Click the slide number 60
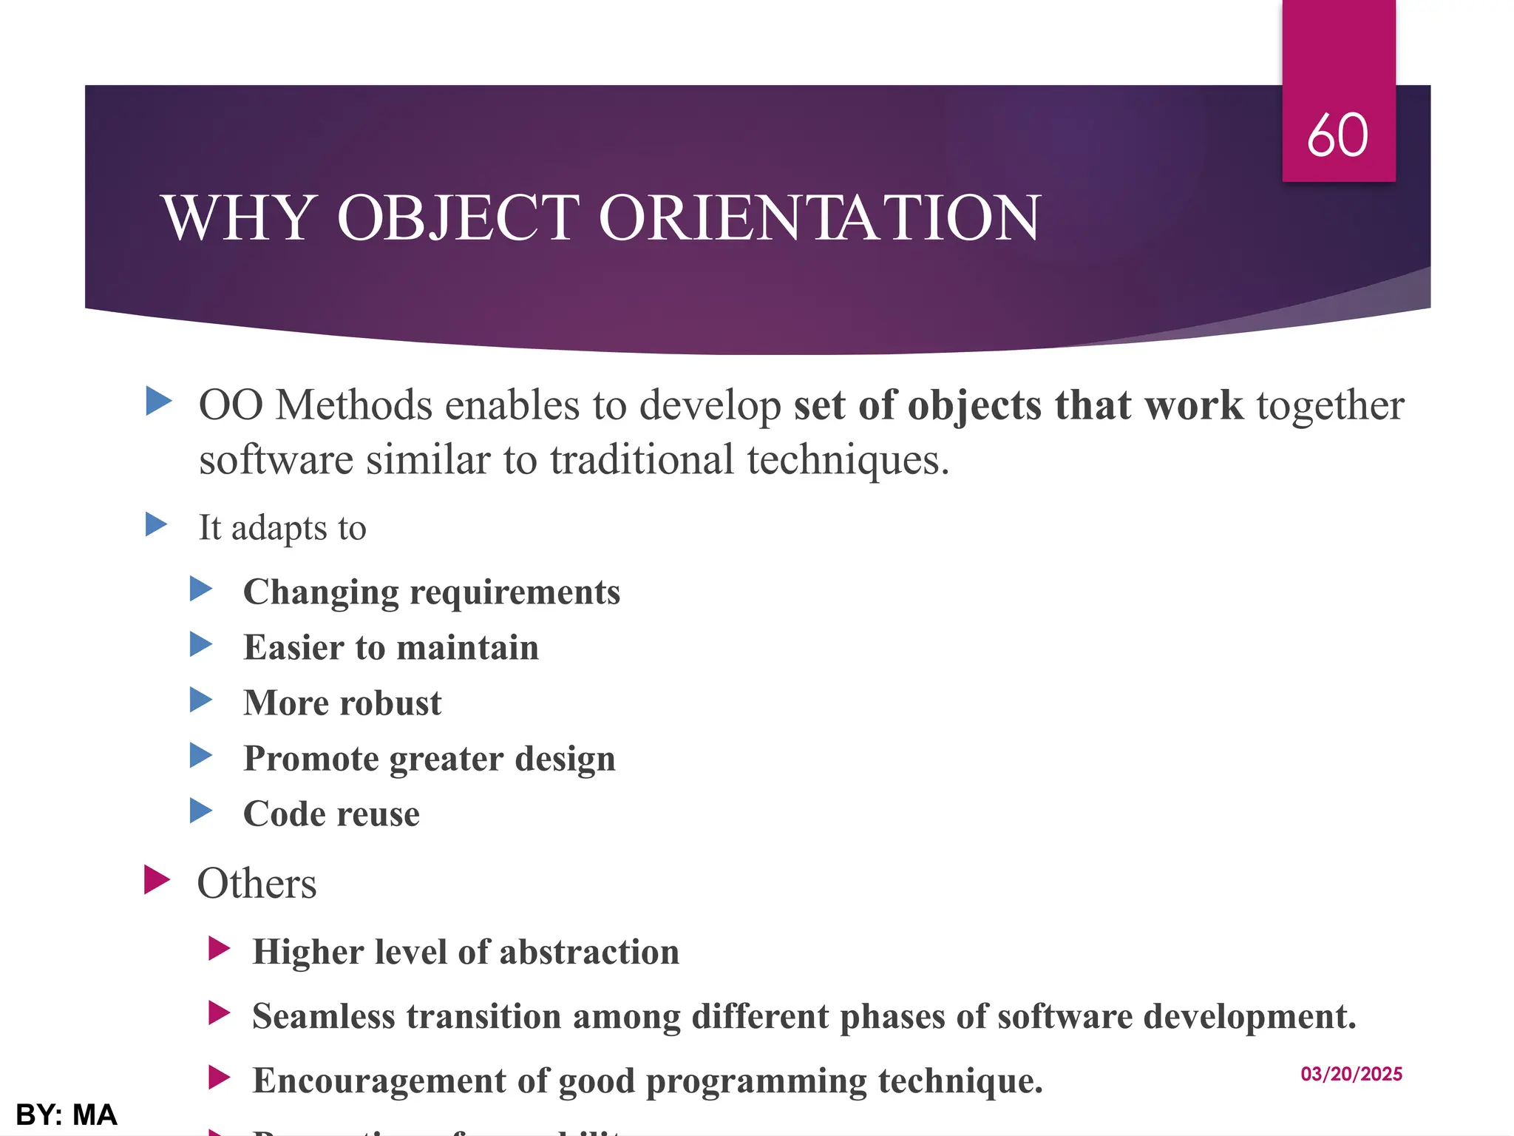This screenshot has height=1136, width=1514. (1337, 135)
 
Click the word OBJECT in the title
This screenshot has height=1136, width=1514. (458, 217)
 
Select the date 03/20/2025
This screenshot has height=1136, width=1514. (1351, 1074)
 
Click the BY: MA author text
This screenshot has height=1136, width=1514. (67, 1115)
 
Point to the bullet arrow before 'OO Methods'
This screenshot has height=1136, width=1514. (158, 402)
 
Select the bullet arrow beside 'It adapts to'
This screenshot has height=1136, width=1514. (156, 524)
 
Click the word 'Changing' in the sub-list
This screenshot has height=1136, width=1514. (321, 592)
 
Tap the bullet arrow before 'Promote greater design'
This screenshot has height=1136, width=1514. (200, 755)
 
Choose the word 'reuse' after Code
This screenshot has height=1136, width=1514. (378, 814)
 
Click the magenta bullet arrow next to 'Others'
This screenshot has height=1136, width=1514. (157, 879)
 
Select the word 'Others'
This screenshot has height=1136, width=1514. (257, 883)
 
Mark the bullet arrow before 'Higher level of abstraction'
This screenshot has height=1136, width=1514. (219, 948)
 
